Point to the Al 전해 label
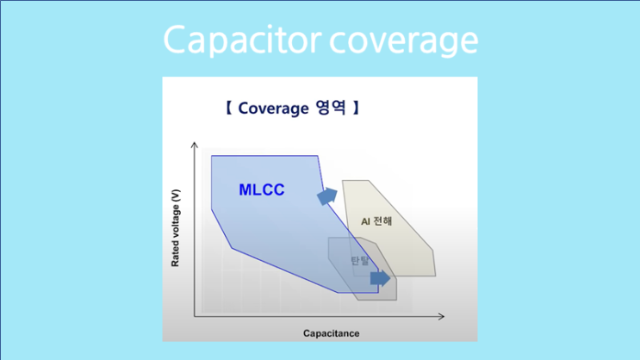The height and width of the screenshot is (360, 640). [x=376, y=220]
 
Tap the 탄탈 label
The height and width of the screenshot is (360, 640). [x=358, y=261]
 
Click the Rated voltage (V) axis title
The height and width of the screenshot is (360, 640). [x=176, y=232]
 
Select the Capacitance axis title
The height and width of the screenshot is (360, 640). [x=331, y=332]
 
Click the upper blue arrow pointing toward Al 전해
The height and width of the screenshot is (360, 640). [x=326, y=196]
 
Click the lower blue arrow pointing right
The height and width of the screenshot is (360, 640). [x=379, y=278]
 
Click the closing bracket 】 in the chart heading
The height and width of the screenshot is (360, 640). [x=353, y=109]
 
